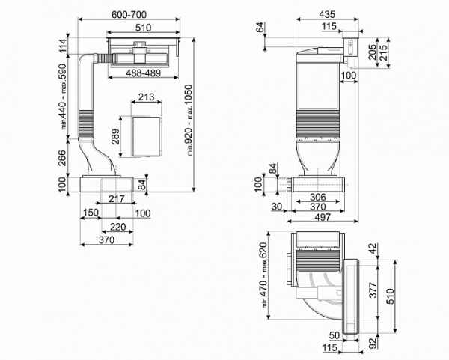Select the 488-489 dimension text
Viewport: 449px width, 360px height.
pos(140,74)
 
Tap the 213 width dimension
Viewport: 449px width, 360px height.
pos(147,97)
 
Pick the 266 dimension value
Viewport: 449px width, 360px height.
pos(64,158)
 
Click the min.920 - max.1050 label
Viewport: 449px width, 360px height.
pos(192,120)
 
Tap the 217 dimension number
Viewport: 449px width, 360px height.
pos(115,198)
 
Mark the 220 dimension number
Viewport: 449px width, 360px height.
pos(117,226)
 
